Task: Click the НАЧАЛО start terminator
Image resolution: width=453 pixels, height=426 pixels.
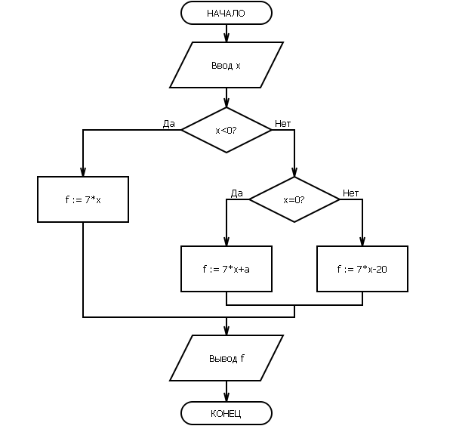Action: tap(226, 13)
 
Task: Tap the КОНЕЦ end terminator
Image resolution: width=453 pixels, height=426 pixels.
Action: tap(226, 413)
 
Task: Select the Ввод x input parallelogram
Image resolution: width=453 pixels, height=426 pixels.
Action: tap(226, 65)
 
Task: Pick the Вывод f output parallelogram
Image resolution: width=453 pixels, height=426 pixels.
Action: tap(226, 358)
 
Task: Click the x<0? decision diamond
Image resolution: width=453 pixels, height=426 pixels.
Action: tap(226, 130)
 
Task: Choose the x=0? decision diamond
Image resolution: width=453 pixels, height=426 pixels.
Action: tap(294, 199)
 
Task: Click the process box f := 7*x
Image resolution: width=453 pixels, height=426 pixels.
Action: tap(83, 199)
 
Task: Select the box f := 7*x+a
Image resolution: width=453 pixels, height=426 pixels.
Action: tap(226, 268)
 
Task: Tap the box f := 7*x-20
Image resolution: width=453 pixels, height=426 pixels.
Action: tap(362, 268)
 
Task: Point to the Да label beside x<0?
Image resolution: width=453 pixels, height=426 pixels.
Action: tap(169, 123)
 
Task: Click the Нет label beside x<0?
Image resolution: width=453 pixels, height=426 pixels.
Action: tap(283, 123)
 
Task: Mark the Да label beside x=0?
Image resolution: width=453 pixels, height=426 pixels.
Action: tap(237, 193)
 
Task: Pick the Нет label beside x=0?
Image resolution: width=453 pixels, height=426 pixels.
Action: tap(351, 193)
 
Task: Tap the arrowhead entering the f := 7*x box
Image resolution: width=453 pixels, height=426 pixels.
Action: tap(83, 172)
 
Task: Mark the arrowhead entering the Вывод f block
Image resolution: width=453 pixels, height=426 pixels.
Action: tap(226, 331)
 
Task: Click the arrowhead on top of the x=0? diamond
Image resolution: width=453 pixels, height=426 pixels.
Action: tap(294, 172)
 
